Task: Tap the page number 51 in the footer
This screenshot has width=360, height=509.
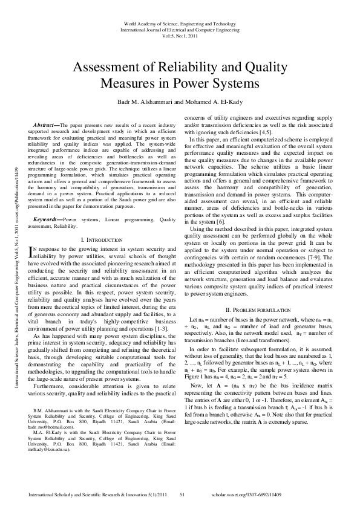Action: pos(182,494)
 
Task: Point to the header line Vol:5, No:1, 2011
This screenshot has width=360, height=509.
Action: pos(179,35)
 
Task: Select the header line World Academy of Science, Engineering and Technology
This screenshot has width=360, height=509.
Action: pos(179,22)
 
